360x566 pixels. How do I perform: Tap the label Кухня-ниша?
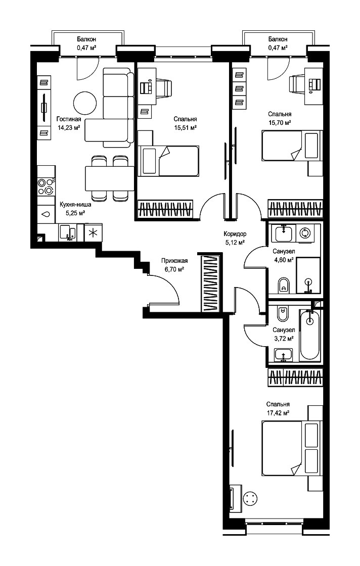click(75, 204)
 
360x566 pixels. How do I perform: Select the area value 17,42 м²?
click(278, 413)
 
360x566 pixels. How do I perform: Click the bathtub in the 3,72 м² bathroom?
click(310, 334)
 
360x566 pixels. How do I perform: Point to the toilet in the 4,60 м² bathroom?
click(284, 285)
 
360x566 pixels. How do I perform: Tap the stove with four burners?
click(46, 186)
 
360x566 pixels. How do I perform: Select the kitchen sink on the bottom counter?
click(67, 232)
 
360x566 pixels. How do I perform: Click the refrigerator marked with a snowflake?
click(93, 232)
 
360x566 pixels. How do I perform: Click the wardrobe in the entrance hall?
click(210, 284)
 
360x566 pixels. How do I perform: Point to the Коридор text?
click(235, 234)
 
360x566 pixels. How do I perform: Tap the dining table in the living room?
click(109, 178)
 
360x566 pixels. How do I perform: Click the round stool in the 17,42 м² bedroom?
click(250, 500)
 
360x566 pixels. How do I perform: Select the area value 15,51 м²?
click(185, 127)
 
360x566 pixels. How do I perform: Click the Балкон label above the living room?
click(86, 39)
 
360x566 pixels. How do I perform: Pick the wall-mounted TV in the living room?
click(43, 107)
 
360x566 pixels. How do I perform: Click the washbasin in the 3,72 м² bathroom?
click(284, 354)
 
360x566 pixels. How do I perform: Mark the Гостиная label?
click(69, 119)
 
